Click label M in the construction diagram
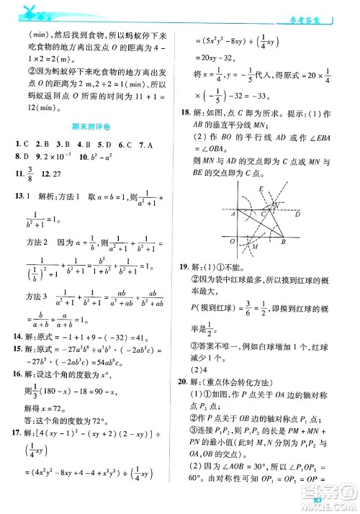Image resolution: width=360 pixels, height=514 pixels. click(255, 246)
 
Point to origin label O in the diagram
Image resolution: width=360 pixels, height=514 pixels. click(230, 242)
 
